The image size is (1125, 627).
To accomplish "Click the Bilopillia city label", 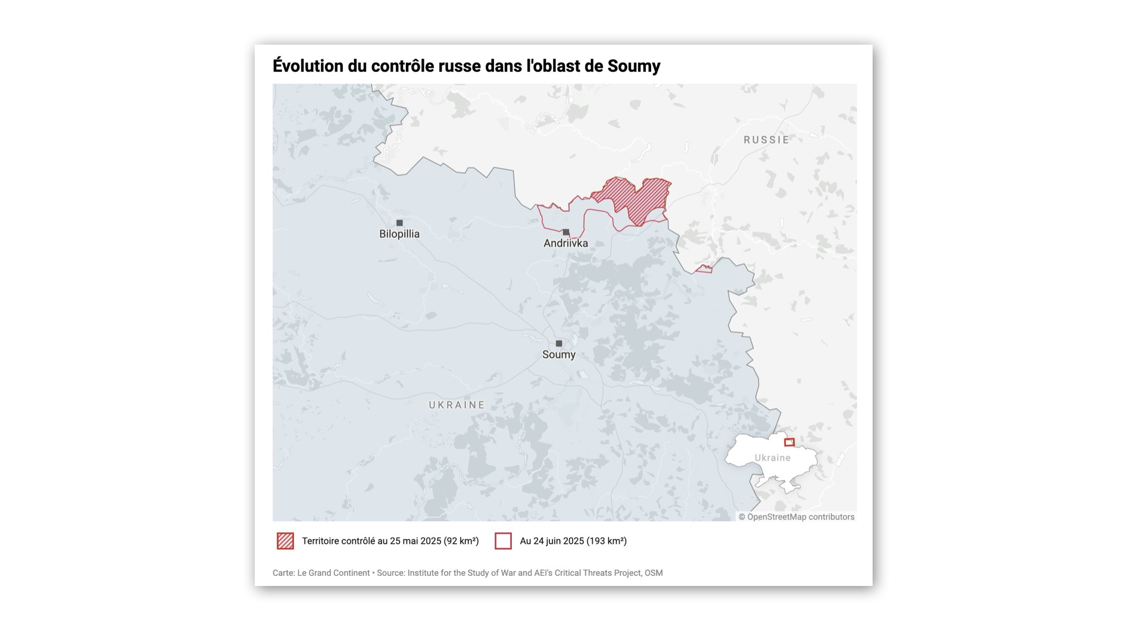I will (x=399, y=234).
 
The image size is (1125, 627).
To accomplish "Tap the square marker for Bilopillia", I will (x=399, y=223).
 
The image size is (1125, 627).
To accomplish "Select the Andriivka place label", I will (x=565, y=243).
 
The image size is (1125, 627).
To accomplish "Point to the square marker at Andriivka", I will (x=566, y=232).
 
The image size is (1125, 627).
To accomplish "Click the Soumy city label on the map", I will (x=558, y=355).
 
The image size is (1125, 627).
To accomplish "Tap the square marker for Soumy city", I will (x=558, y=343).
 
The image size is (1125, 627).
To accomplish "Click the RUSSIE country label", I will (x=766, y=140).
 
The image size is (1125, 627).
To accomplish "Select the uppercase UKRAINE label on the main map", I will (x=457, y=405).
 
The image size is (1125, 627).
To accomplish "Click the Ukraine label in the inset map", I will (x=772, y=458).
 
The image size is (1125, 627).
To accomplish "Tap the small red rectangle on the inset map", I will (x=789, y=442).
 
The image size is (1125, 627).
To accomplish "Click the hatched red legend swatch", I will (x=286, y=541).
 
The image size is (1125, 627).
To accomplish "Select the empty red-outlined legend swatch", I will (x=503, y=541).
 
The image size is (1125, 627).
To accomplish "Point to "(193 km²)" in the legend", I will (x=607, y=541).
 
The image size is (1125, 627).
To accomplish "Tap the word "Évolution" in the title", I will (x=308, y=66).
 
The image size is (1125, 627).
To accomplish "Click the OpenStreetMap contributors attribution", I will (x=796, y=517).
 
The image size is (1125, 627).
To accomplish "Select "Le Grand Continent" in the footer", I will (x=333, y=573).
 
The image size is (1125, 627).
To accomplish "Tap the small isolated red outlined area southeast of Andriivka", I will (x=704, y=269).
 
